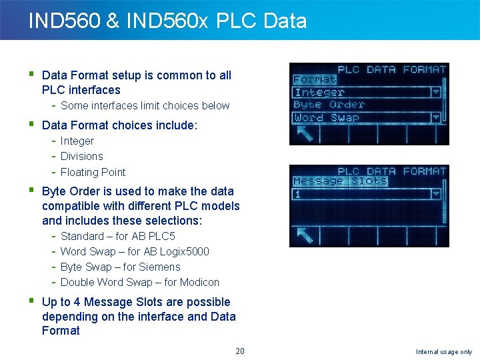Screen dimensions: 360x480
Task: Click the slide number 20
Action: [240, 351]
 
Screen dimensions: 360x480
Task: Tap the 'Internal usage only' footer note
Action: [444, 352]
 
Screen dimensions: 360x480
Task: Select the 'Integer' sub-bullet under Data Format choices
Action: [77, 141]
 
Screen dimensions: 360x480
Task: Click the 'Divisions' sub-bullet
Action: [82, 157]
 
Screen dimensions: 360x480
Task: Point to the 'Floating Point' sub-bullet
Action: [93, 172]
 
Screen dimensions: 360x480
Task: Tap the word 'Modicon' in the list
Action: [199, 283]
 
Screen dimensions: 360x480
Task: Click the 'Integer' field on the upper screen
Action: [320, 93]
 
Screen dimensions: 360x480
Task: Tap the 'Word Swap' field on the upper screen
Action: [327, 118]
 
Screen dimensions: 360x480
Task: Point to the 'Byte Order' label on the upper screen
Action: [329, 105]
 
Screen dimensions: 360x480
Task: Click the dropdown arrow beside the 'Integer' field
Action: [436, 93]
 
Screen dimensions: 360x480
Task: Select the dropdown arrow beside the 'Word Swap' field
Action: [436, 118]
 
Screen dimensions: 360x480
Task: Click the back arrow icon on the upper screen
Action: [305, 135]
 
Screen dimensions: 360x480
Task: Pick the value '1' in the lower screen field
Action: [298, 195]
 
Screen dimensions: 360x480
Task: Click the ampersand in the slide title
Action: [112, 21]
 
